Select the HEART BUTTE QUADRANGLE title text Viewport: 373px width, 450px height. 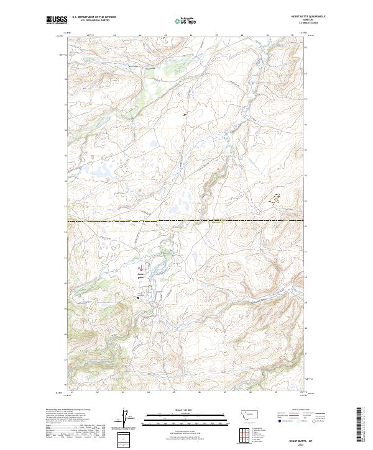tap(308, 17)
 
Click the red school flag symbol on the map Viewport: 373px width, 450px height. tap(141, 269)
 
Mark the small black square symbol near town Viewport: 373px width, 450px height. tap(137, 298)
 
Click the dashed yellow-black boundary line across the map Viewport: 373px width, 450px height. tap(186, 220)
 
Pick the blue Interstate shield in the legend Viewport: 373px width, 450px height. tap(277, 420)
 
